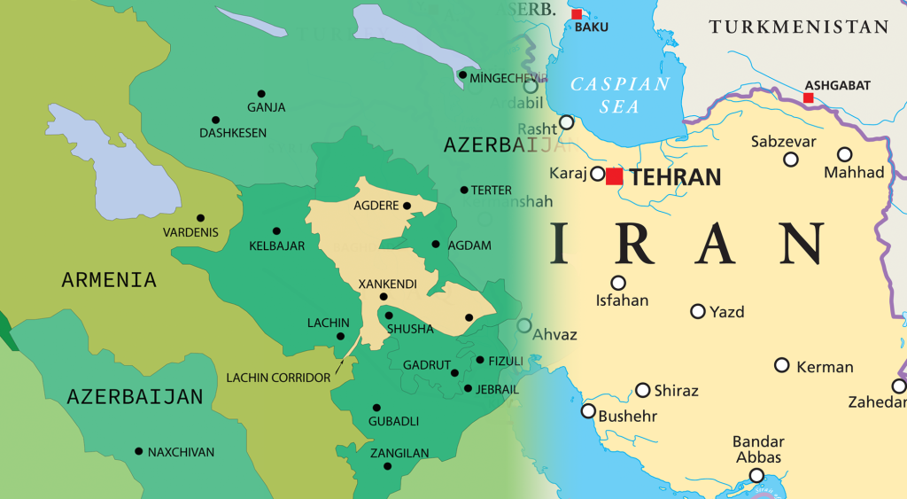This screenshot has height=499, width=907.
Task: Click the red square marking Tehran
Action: (x=614, y=176)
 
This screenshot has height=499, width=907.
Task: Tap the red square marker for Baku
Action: (x=577, y=14)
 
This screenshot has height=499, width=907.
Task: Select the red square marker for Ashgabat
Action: (x=808, y=97)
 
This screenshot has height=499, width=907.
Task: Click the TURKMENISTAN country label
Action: (x=798, y=27)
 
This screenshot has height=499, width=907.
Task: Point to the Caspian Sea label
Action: (x=620, y=95)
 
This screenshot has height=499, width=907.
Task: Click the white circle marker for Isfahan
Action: (x=618, y=283)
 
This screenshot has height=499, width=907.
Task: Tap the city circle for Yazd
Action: (x=698, y=311)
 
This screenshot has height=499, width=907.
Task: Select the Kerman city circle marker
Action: (x=782, y=365)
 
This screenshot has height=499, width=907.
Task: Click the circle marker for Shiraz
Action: (x=643, y=390)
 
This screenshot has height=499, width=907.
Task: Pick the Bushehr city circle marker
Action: (x=588, y=410)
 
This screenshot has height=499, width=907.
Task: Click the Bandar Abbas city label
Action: (x=757, y=449)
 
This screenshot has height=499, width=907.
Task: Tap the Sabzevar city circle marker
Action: (x=791, y=160)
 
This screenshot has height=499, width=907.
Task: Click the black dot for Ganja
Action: (x=261, y=93)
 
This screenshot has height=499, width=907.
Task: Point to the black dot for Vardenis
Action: (x=200, y=218)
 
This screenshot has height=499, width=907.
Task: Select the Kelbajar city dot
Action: (x=276, y=230)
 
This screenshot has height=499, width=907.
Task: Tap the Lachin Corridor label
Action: (x=278, y=378)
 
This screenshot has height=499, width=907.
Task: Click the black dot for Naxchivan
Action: (x=138, y=451)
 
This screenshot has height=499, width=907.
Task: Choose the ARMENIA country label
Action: (x=109, y=280)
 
